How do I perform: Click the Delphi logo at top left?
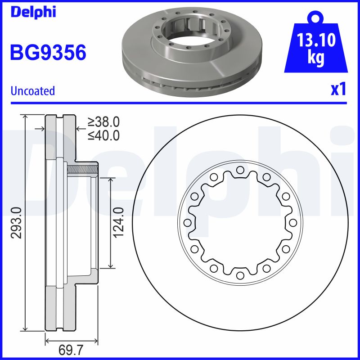tap(33, 12)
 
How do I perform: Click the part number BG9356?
tap(48, 53)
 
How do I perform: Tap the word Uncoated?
tap(32, 91)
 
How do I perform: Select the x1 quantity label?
tap(338, 90)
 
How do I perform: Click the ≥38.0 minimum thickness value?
tap(104, 121)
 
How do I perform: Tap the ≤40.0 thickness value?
tap(104, 135)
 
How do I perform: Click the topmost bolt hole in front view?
tap(240, 170)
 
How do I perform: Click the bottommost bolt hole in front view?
tap(240, 275)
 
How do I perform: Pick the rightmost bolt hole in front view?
tap(293, 223)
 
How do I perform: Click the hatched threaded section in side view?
tap(82, 170)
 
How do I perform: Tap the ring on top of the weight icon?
tap(315, 18)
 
